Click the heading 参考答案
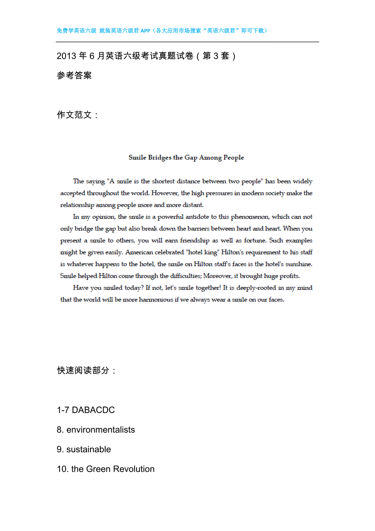pos(74,75)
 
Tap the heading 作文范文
pos(74,115)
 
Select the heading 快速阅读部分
pos(83,370)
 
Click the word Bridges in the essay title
pos(160,157)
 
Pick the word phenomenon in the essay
pos(250,217)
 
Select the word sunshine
pos(298,264)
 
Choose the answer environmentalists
pos(101,430)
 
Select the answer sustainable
pos(89,449)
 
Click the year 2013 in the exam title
pos(66,56)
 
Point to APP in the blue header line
pos(145,31)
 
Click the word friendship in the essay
pos(195,241)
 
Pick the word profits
pos(289,276)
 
